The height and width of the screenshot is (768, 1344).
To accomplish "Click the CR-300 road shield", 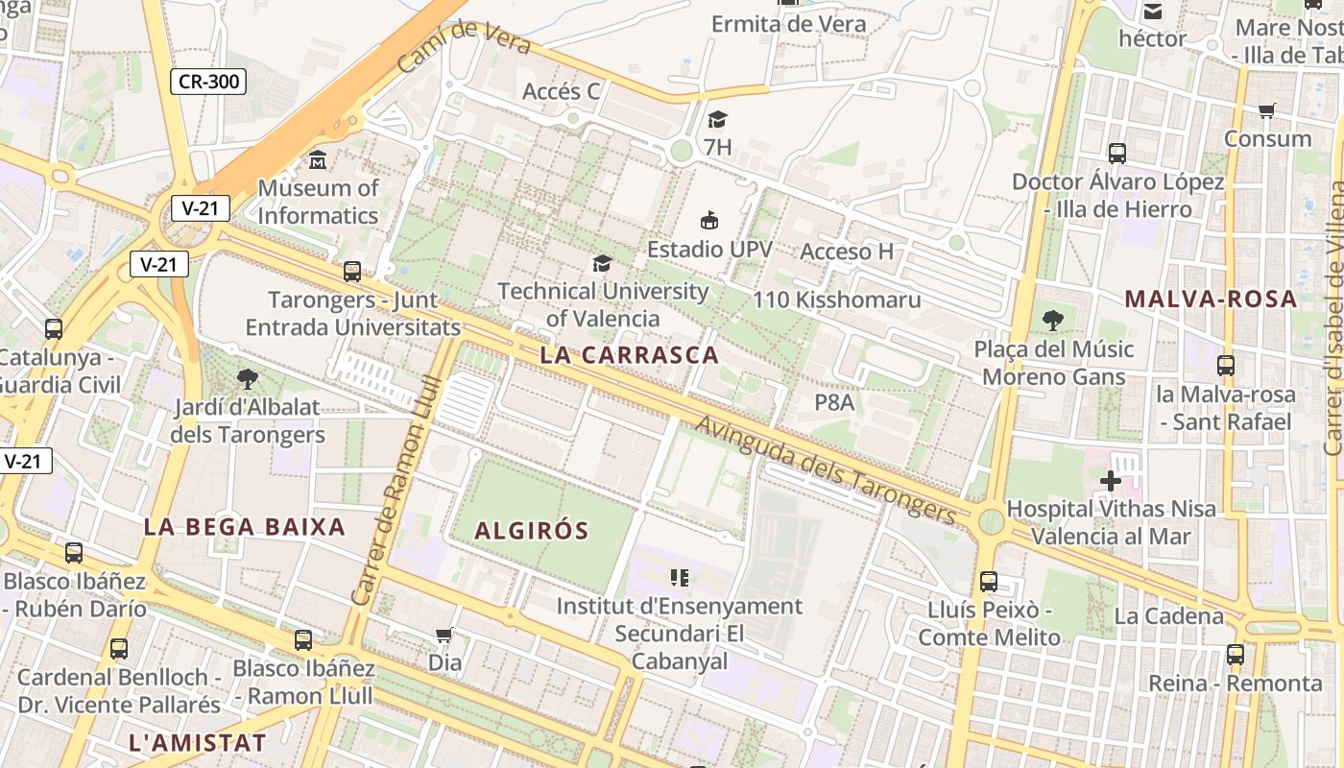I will [208, 82].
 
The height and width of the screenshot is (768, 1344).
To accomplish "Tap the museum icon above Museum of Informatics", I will [318, 159].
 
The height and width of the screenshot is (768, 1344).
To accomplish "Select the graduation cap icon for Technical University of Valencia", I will [602, 263].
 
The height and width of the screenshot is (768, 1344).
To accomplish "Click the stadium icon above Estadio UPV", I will [709, 221].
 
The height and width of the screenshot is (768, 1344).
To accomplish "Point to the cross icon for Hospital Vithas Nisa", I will [1111, 480].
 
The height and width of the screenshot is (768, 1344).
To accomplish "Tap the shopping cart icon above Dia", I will [444, 635].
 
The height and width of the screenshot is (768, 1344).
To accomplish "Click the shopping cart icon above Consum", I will [1267, 110].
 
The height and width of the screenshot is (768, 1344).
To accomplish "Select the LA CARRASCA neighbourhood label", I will [629, 354].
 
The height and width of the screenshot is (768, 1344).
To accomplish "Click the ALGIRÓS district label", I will [531, 530].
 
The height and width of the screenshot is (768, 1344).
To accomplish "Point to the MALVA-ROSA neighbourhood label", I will [1211, 299].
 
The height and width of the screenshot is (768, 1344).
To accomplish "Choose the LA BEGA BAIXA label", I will [244, 526].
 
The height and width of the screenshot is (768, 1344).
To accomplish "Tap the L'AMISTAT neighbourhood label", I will [197, 742].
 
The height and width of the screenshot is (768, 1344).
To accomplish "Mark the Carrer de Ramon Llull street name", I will [396, 491].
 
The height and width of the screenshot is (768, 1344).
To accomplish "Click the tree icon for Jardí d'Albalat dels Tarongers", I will [248, 378].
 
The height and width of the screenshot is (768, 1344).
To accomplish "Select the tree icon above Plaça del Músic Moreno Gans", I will [1053, 321].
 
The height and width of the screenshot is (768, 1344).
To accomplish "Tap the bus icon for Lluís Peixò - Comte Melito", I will [989, 581].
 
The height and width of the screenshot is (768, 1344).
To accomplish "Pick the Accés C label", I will [561, 91].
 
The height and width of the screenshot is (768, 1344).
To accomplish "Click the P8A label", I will [834, 402].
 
